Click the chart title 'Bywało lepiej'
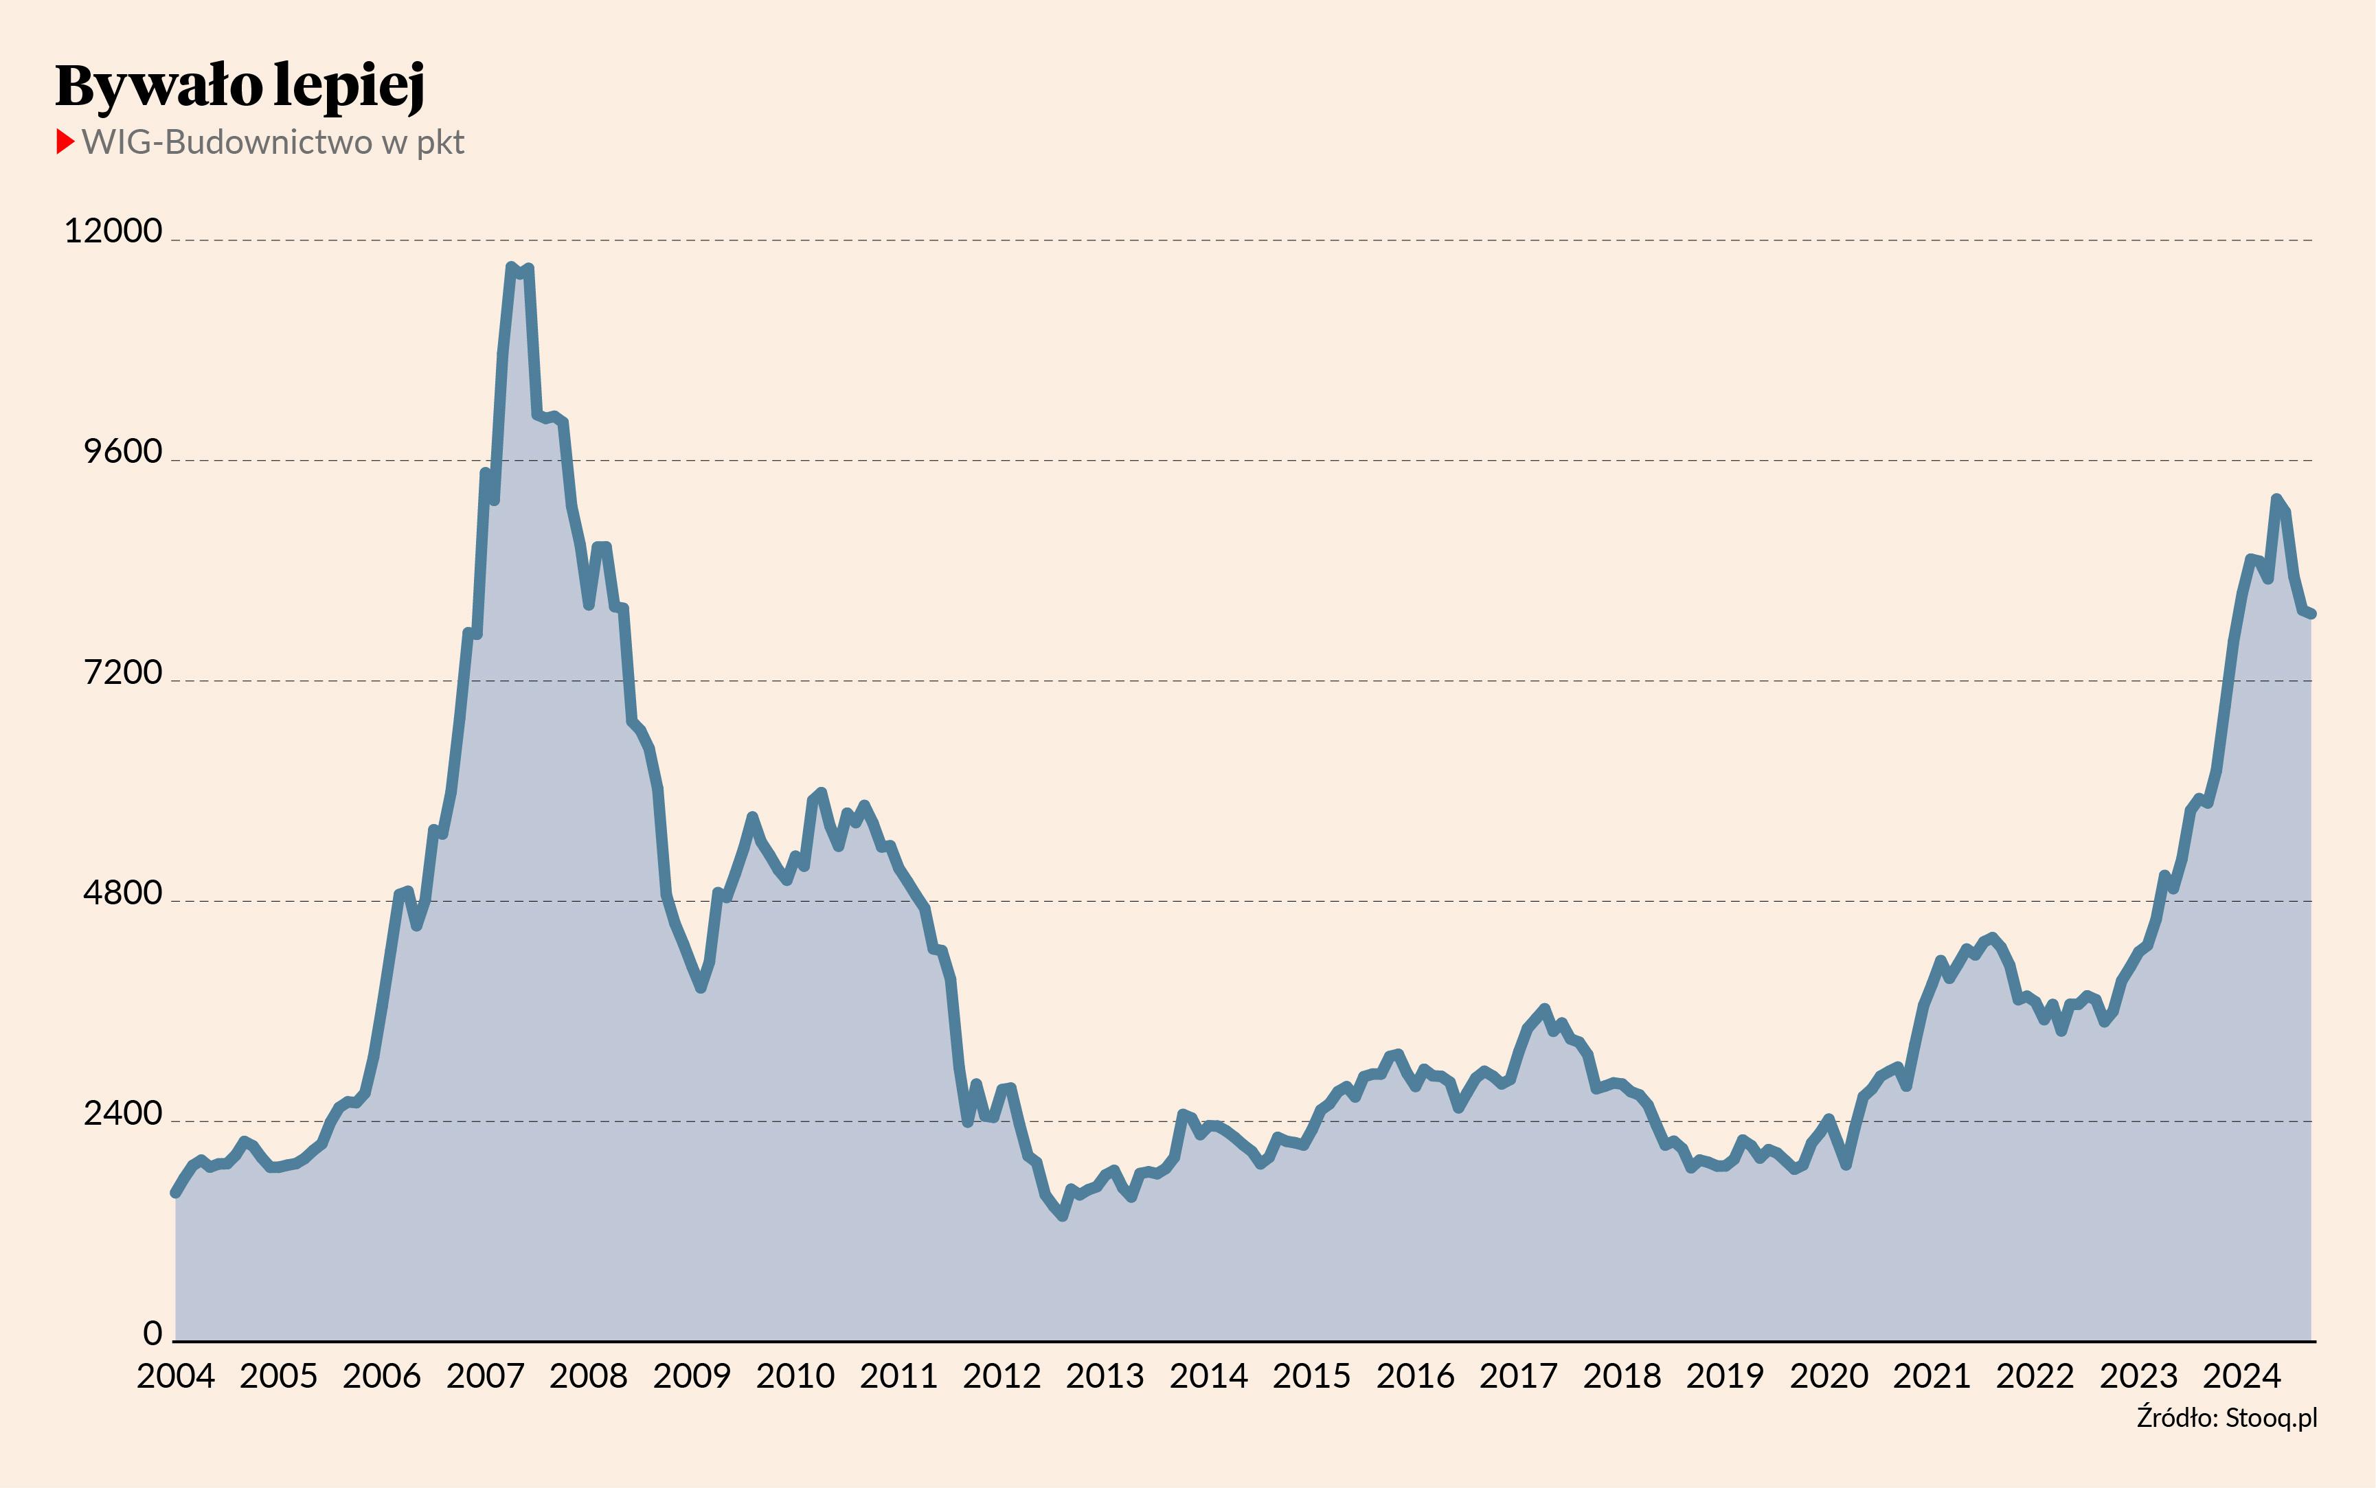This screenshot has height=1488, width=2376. [x=240, y=86]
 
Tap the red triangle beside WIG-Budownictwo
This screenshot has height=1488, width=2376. [x=65, y=141]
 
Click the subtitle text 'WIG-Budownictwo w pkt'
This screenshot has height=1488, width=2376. [x=273, y=143]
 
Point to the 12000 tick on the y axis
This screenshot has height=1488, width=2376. [x=112, y=231]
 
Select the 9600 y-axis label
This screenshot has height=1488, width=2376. [x=122, y=452]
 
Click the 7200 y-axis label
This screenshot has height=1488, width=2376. [x=122, y=673]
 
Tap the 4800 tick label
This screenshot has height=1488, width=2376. [x=122, y=893]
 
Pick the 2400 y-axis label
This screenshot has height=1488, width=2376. [x=122, y=1114]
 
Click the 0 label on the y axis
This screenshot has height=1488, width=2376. [x=152, y=1334]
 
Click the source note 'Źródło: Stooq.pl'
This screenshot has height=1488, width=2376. [x=2226, y=1418]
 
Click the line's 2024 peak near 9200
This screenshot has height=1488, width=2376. [x=2276, y=499]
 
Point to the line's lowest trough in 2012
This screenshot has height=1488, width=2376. [x=1062, y=1216]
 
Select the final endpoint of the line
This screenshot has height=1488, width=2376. [x=2311, y=614]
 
